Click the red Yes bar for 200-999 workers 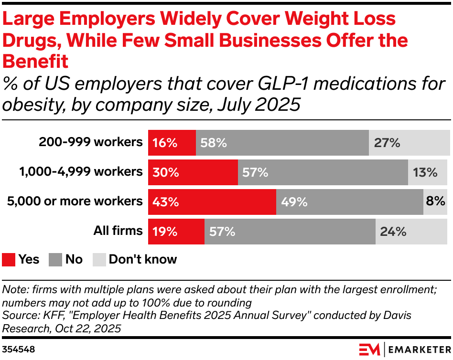(x=172, y=142)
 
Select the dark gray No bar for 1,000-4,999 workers (x=323, y=172)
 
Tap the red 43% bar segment (x=212, y=201)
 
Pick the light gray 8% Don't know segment (x=435, y=201)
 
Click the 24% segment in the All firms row (x=412, y=232)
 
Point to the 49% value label (x=294, y=201)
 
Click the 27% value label (x=387, y=142)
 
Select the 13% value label (x=425, y=172)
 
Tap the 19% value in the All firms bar (x=165, y=232)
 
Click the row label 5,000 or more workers (x=75, y=201)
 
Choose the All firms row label (x=118, y=231)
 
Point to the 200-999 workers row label (x=91, y=142)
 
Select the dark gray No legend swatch (x=56, y=259)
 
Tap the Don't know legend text (x=142, y=259)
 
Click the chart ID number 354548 (x=18, y=349)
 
